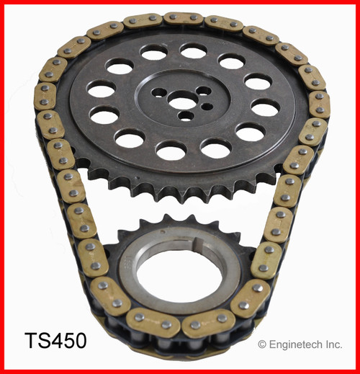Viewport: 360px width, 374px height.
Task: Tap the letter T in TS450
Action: coord(30,339)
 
